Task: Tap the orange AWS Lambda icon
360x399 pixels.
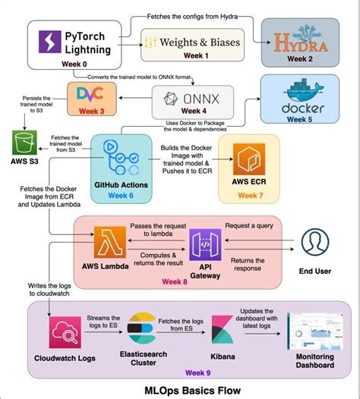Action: (x=107, y=242)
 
